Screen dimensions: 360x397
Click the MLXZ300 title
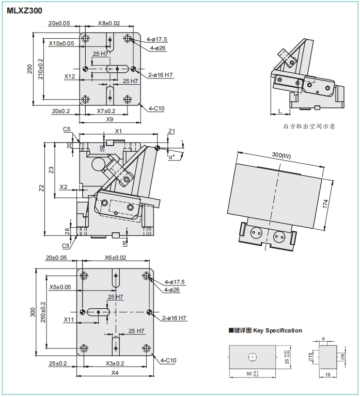point(24,11)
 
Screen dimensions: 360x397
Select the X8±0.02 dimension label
point(109,23)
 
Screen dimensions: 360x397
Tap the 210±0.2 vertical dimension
point(40,69)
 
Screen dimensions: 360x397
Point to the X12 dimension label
point(70,76)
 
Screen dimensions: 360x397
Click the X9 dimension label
point(109,119)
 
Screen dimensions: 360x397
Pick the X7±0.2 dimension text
point(106,111)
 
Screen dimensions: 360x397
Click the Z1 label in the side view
point(171,131)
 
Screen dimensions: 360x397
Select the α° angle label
point(172,157)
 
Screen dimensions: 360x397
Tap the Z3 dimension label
point(52,170)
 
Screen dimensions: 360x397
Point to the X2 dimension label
point(64,187)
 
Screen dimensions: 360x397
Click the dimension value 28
point(67,231)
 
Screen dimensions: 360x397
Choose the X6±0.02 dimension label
point(115,258)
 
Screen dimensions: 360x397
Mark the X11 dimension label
point(69,320)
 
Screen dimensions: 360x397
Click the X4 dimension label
point(115,373)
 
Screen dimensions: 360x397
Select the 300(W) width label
point(281,155)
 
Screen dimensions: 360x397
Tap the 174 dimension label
point(325,204)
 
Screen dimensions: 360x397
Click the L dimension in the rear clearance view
point(280,111)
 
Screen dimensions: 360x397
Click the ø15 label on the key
point(310,357)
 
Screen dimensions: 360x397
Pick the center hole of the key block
point(253,357)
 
